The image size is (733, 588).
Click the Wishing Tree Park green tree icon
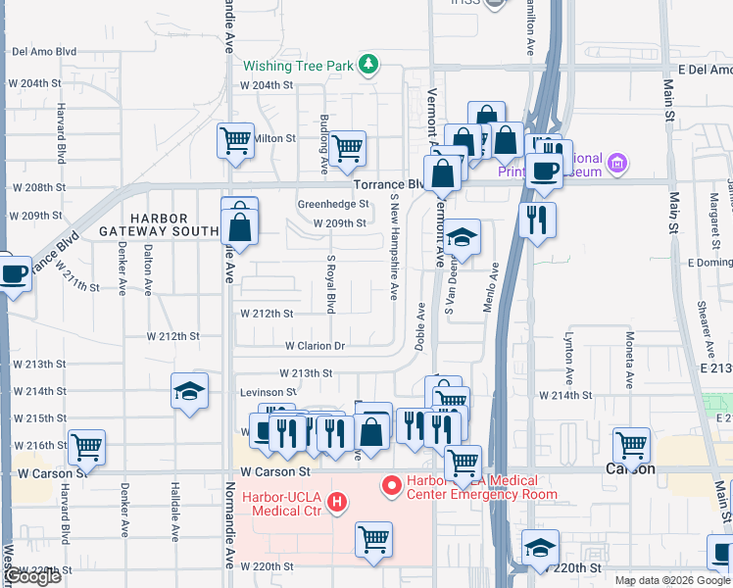pyautogui.click(x=368, y=66)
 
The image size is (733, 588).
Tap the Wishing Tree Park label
pyautogui.click(x=298, y=67)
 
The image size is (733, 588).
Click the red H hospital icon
pyautogui.click(x=337, y=504)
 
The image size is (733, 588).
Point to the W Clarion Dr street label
pyautogui.click(x=316, y=346)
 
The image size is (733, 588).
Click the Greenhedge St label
pyautogui.click(x=333, y=205)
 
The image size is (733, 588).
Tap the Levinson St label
pyautogui.click(x=268, y=392)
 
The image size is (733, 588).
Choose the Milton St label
pyautogui.click(x=274, y=139)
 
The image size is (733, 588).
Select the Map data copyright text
pyautogui.click(x=672, y=580)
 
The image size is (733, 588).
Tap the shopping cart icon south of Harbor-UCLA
pyautogui.click(x=373, y=538)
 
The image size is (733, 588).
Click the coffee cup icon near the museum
pyautogui.click(x=544, y=169)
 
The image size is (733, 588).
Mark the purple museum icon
pyautogui.click(x=616, y=162)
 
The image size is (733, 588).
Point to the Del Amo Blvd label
pyautogui.click(x=44, y=51)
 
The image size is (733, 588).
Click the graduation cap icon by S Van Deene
pyautogui.click(x=463, y=238)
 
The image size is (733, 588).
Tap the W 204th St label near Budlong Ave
pyautogui.click(x=267, y=85)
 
